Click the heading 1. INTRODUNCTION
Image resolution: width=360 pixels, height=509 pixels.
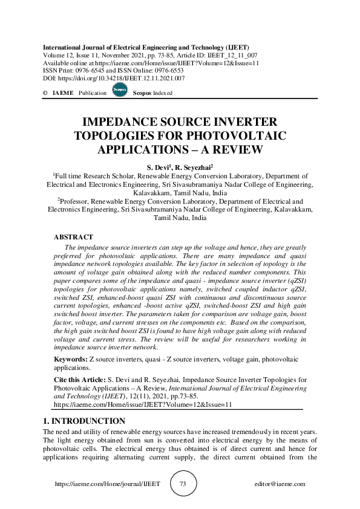tap(84, 421)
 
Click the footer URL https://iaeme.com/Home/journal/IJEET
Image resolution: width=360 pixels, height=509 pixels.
tap(103, 484)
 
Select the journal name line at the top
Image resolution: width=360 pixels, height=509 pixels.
tap(146, 47)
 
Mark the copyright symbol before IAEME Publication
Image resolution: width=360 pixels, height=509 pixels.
tap(45, 93)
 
